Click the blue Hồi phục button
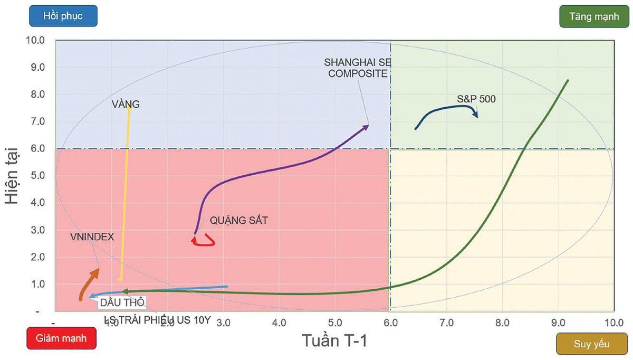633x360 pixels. coord(63,16)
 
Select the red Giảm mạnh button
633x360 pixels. coord(61,338)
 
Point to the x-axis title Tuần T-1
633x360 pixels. coord(334,340)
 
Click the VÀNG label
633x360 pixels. coord(126,105)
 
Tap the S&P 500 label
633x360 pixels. coord(476,99)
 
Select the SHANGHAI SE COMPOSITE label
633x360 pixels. coord(358,68)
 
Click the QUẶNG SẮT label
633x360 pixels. coord(238,221)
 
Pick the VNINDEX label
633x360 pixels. coord(92,237)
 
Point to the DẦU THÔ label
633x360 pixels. coord(122,302)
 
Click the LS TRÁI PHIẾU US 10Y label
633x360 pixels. coord(157,320)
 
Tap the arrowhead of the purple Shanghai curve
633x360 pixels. coord(366,126)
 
